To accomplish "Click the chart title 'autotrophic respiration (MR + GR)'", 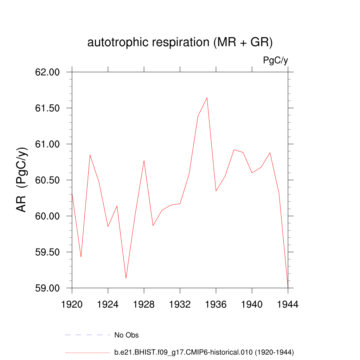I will pyautogui.click(x=180, y=43).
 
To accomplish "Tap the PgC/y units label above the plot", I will pyautogui.click(x=276, y=60).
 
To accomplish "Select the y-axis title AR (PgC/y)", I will pyautogui.click(x=22, y=180).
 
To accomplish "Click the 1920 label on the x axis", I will pyautogui.click(x=72, y=305).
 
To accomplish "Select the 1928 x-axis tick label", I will pyautogui.click(x=144, y=305).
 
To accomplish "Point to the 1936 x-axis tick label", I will pyautogui.click(x=216, y=305).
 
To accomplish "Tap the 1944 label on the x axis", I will pyautogui.click(x=288, y=305).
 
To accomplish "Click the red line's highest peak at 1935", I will pyautogui.click(x=207, y=98).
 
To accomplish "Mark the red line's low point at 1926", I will pyautogui.click(x=126, y=278).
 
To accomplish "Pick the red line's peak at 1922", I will pyautogui.click(x=90, y=155).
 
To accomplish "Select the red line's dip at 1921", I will pyautogui.click(x=81, y=257).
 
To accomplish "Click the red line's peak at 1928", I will pyautogui.click(x=144, y=161).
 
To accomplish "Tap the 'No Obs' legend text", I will pyautogui.click(x=127, y=335).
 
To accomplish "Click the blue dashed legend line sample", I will pyautogui.click(x=88, y=335).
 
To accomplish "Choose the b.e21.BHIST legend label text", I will pyautogui.click(x=204, y=352).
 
